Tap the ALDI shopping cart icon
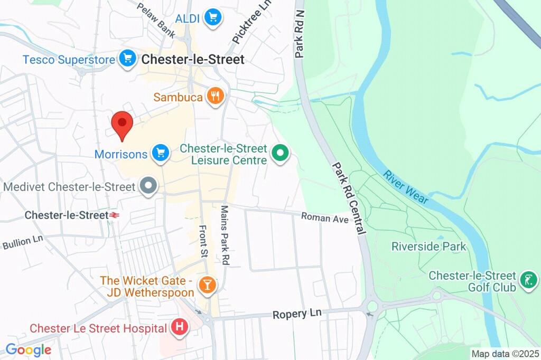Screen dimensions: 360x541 click(213, 17)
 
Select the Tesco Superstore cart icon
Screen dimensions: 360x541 click(127, 59)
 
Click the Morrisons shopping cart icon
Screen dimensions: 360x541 click(160, 154)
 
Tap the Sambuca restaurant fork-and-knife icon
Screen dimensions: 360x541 click(214, 97)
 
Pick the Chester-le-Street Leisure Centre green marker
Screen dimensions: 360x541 click(281, 154)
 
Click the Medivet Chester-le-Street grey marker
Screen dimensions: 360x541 click(149, 186)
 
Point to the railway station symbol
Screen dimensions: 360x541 click(113, 215)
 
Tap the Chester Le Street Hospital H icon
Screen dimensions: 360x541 click(180, 328)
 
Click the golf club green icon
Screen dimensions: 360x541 click(527, 280)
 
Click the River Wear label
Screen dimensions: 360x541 click(406, 187)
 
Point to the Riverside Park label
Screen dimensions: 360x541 click(428, 246)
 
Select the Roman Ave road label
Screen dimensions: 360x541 click(325, 217)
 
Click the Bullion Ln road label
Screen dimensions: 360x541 click(22, 242)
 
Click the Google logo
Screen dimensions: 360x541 click(28, 349)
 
